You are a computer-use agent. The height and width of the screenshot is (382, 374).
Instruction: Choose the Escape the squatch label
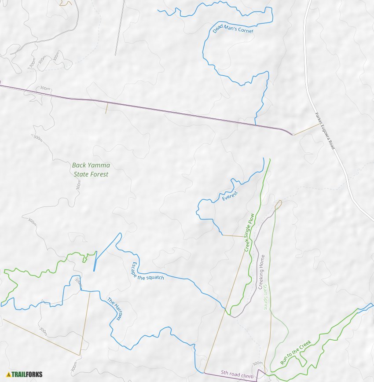[147, 271]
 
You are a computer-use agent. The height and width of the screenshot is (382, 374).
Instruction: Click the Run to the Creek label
[296, 352]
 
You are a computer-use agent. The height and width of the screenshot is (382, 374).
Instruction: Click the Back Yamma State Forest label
[91, 169]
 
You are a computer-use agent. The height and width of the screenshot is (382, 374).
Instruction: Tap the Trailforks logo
[24, 375]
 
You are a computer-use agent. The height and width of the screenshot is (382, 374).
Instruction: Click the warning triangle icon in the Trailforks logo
[8, 375]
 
